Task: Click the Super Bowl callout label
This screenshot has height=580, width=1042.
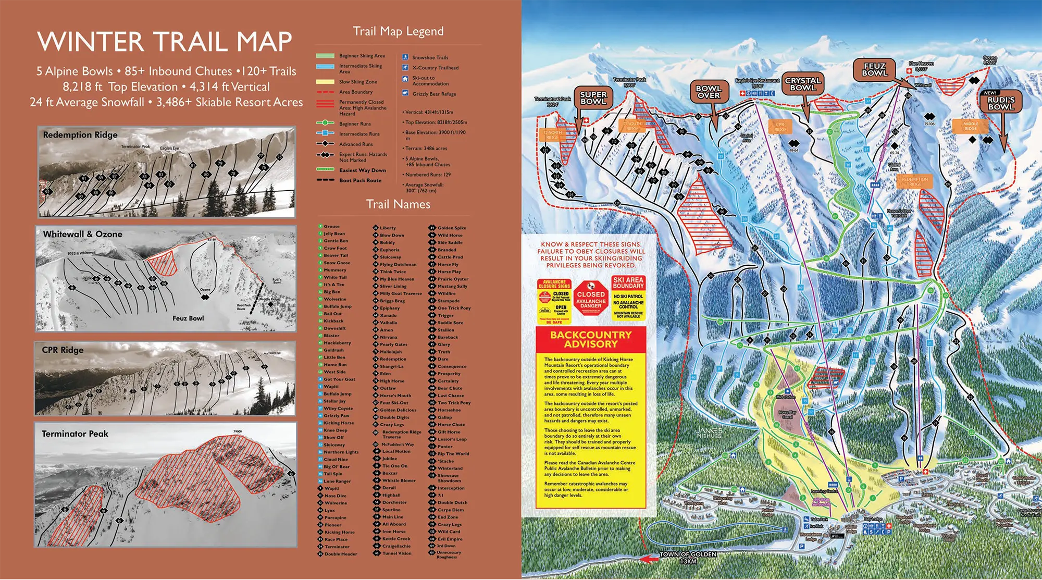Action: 593,98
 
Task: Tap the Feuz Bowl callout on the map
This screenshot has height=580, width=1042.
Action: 874,69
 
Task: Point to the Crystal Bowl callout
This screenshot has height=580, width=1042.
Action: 803,84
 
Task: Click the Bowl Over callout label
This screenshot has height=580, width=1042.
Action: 708,92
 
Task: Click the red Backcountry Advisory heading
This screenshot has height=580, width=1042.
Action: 591,339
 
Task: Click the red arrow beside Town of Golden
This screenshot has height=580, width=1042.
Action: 649,559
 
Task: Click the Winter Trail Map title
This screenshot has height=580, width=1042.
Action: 164,42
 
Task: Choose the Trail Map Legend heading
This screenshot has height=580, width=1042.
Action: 398,31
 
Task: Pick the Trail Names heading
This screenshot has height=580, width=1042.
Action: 398,204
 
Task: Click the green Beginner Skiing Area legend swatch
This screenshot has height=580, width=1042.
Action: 325,56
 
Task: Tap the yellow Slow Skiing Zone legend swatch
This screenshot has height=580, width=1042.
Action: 325,82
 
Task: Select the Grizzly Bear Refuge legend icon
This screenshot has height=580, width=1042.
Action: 405,93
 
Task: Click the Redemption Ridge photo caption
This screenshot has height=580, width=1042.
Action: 80,135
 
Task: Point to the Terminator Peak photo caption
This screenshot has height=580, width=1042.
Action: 75,434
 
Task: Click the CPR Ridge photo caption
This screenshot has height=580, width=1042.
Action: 63,350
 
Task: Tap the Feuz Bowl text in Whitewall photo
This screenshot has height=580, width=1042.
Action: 188,318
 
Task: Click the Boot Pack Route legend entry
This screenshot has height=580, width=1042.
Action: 360,180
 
